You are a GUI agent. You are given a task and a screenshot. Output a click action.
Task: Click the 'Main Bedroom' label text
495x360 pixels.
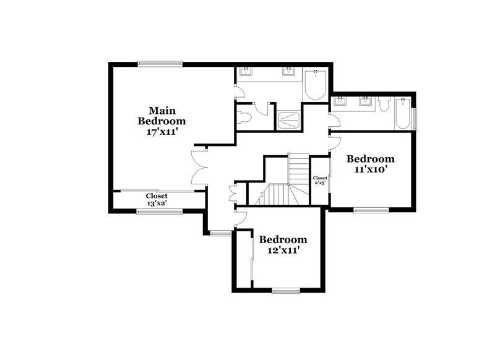point(161,115)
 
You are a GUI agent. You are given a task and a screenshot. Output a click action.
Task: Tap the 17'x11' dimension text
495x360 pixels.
point(161,131)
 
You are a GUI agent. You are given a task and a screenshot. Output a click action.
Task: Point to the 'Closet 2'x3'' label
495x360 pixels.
point(320,181)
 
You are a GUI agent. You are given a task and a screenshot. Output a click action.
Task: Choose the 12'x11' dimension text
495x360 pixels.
point(283,250)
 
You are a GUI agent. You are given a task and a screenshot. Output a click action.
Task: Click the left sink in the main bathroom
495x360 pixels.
point(246,72)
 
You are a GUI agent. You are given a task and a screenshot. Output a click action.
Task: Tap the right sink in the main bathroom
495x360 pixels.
point(288,72)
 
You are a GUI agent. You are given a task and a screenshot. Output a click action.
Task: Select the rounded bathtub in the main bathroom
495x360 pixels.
point(316,85)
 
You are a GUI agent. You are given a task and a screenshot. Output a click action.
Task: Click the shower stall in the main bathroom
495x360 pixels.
point(288,120)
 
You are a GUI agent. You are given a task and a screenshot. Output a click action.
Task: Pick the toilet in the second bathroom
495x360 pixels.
point(384,105)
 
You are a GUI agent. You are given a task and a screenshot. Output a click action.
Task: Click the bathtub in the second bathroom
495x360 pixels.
point(403,113)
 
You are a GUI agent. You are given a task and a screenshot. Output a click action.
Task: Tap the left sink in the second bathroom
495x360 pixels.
point(340,101)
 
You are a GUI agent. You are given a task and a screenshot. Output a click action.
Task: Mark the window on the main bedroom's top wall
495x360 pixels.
point(160,63)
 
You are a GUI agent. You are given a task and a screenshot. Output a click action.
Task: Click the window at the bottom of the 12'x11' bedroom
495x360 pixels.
point(285,290)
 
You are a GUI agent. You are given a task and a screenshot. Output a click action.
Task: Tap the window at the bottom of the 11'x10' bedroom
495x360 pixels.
point(371,210)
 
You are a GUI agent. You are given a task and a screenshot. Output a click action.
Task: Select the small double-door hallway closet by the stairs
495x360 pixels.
point(233,194)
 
